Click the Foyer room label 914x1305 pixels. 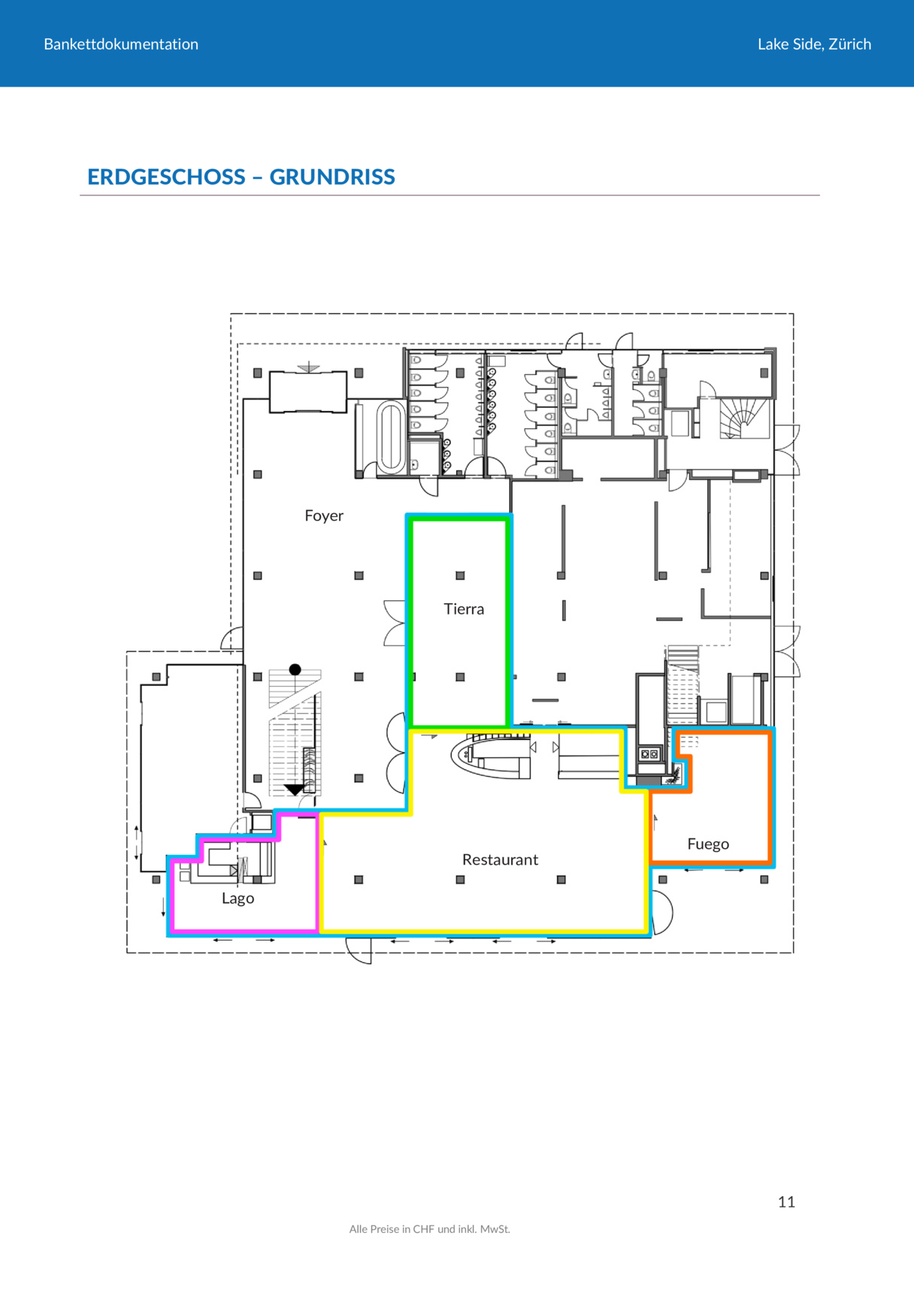[324, 516]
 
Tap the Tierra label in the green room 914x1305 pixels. [464, 609]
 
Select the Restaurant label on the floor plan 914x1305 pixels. [500, 859]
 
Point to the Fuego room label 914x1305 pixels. [708, 844]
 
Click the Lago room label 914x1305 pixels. [238, 899]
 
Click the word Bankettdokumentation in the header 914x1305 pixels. [121, 44]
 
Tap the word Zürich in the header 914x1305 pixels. [850, 44]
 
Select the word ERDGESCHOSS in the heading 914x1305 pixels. [166, 177]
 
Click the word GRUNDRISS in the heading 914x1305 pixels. [332, 177]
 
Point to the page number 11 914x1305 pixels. [786, 1202]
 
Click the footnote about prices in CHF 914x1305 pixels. [429, 1229]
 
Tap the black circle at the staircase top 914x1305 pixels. [295, 669]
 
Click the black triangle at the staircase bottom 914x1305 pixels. [295, 790]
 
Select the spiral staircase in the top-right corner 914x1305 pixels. [744, 418]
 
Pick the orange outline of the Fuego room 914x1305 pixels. [770, 796]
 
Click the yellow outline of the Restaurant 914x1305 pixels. [485, 932]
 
